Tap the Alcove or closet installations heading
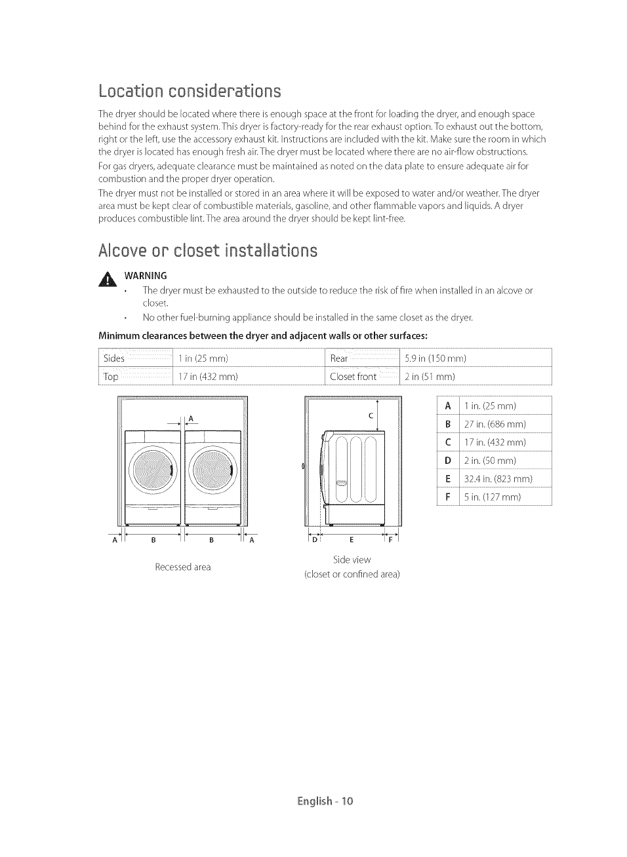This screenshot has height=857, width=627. pos(207,250)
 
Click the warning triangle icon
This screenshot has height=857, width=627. pos(107,280)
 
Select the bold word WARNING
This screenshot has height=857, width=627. pos(146,275)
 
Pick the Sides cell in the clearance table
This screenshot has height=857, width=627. pos(114,358)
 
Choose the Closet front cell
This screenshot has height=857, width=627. pos(353,377)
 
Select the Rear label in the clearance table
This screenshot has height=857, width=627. pos(339,358)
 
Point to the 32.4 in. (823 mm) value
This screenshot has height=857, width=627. pos(498,479)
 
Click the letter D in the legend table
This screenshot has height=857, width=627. pos(448,461)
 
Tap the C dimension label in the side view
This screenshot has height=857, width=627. pos(371,415)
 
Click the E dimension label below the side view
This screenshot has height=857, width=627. pos(352,540)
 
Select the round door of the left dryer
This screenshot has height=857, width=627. pos(152,469)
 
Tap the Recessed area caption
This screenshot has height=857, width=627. pos(182,567)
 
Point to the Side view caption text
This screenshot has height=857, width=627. pos(352,560)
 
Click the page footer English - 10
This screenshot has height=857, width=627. pos(325,801)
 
